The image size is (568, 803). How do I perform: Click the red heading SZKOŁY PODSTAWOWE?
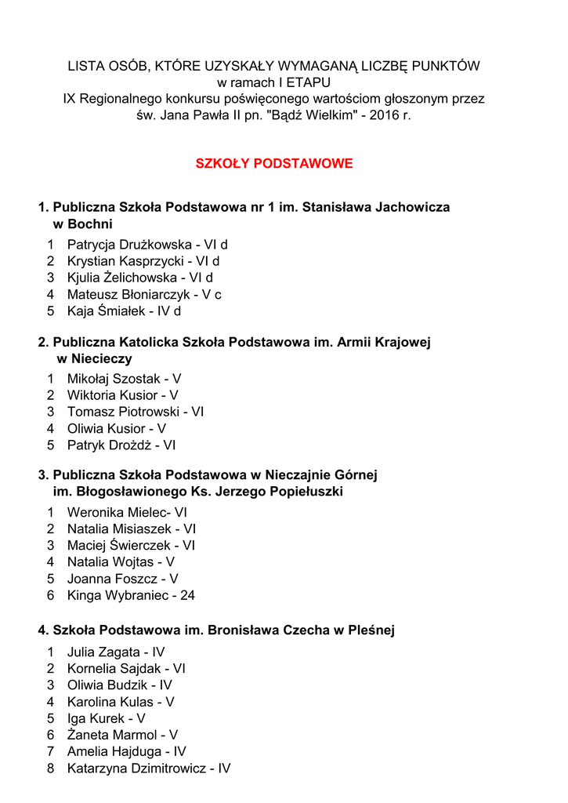pyautogui.click(x=273, y=164)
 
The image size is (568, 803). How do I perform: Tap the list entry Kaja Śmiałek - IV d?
pyautogui.click(x=124, y=311)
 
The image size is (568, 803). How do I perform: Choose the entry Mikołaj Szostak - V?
pyautogui.click(x=124, y=379)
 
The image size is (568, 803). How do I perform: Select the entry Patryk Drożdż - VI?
pyautogui.click(x=121, y=445)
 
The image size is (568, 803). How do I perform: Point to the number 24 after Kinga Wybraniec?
pyautogui.click(x=188, y=596)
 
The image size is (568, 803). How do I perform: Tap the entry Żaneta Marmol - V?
pyautogui.click(x=122, y=736)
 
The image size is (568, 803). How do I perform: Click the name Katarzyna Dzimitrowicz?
pyautogui.click(x=136, y=769)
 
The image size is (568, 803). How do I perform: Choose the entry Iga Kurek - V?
pyautogui.click(x=106, y=719)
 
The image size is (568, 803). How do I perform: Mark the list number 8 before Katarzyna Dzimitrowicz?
pyautogui.click(x=50, y=769)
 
